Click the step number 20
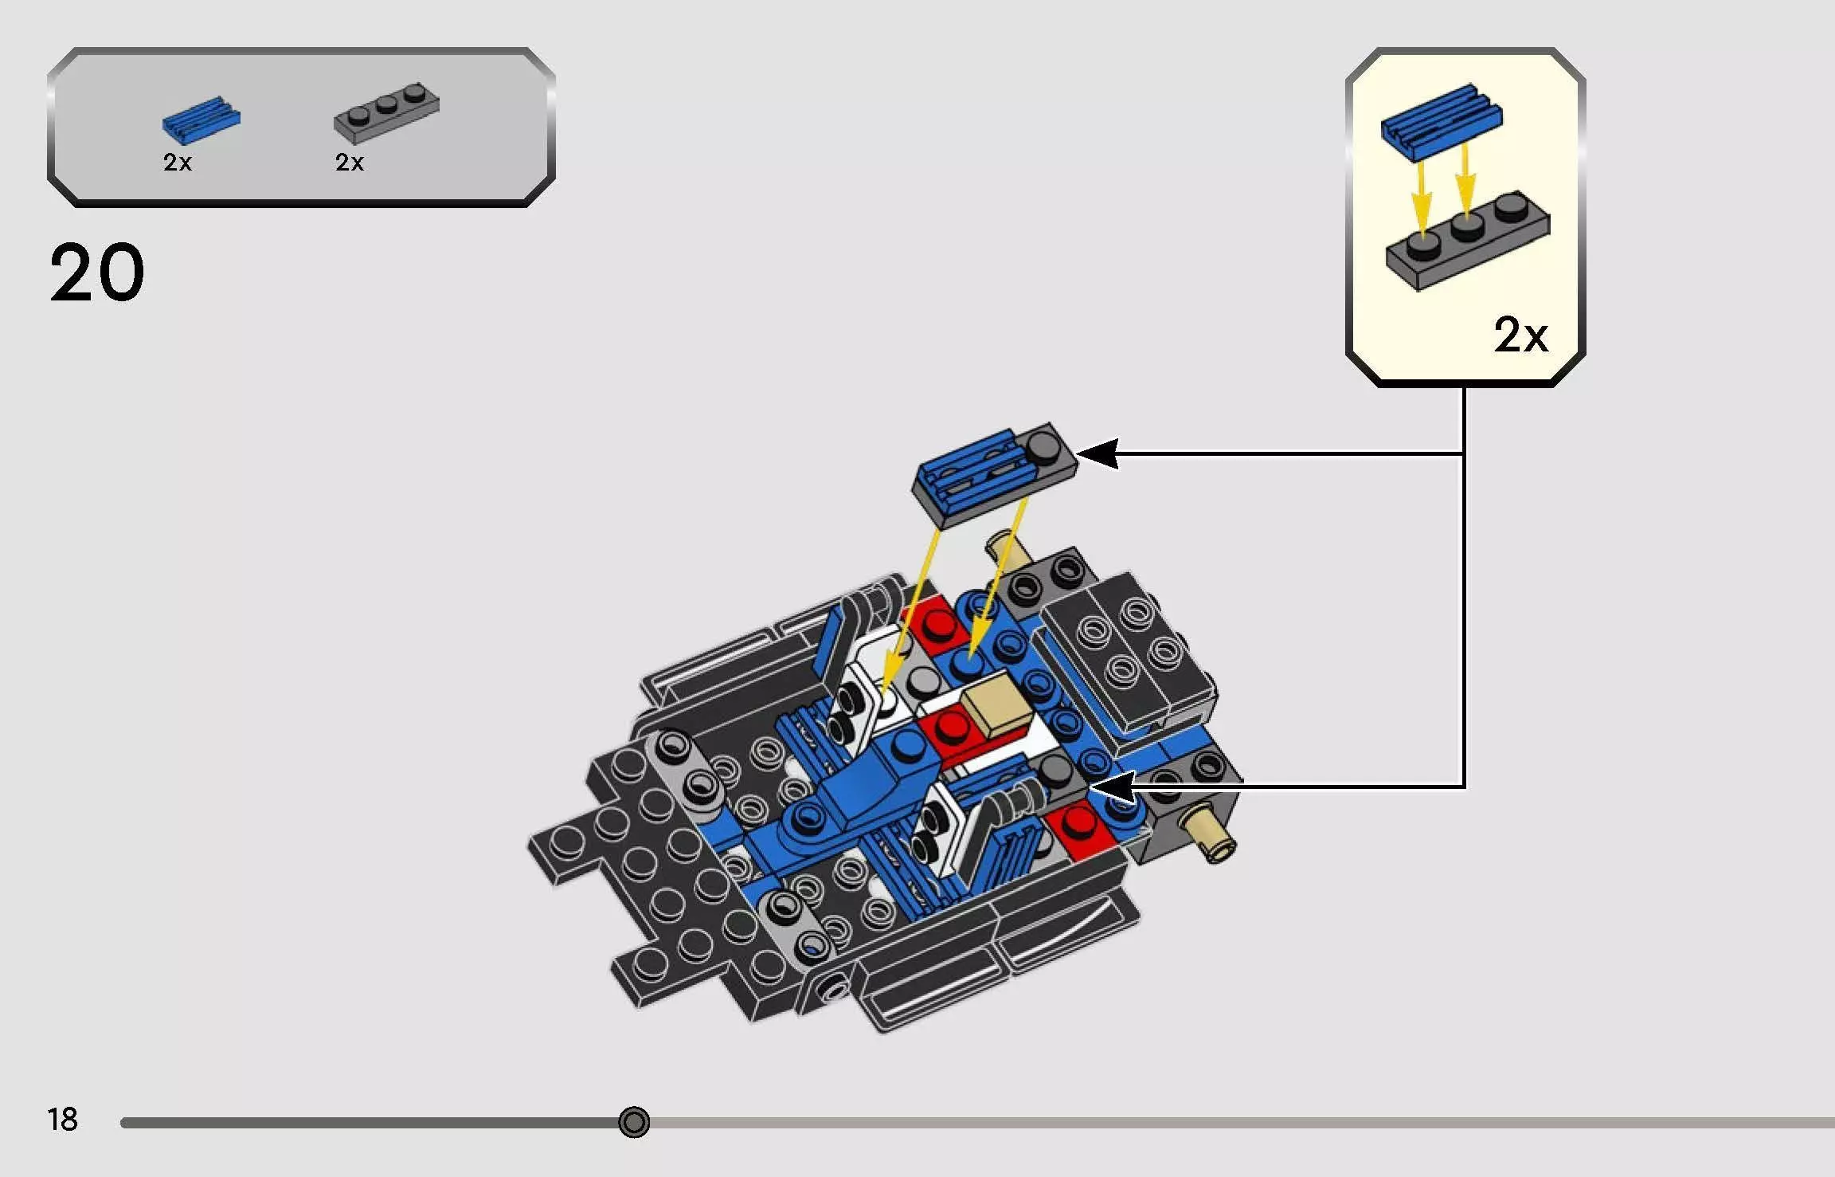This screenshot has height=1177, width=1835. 97,273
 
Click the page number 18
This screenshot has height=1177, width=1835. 62,1120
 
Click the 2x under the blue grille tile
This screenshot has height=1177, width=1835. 177,163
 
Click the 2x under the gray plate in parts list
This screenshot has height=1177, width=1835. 349,163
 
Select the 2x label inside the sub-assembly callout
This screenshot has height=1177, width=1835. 1520,335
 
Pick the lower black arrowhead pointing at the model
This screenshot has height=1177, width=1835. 1111,787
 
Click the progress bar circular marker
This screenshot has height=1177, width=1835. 634,1122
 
